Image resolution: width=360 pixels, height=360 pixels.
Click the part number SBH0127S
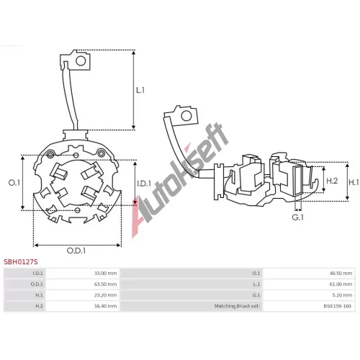click(x=21, y=261)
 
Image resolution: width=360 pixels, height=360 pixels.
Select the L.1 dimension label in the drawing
click(x=140, y=90)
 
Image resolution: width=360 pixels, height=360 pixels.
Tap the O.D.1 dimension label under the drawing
click(x=76, y=251)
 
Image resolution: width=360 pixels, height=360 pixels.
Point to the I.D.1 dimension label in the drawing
click(x=144, y=184)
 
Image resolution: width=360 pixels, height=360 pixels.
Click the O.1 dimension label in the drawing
click(x=14, y=183)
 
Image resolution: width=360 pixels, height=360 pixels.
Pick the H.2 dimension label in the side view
click(x=332, y=181)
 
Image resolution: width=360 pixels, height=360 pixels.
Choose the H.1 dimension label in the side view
click(x=354, y=183)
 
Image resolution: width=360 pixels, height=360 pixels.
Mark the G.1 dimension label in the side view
click(x=298, y=217)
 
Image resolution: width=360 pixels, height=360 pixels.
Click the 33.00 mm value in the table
click(x=106, y=273)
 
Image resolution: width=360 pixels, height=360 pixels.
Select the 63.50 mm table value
click(x=106, y=284)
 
